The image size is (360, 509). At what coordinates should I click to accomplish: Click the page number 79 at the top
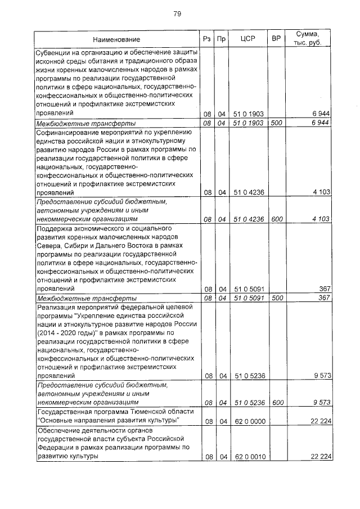tap(177, 13)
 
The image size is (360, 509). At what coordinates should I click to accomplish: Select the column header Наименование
tap(117, 39)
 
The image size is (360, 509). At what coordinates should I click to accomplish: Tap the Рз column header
tap(207, 39)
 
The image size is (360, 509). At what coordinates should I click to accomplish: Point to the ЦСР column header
tap(248, 39)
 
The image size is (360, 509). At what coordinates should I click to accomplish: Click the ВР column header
tap(276, 39)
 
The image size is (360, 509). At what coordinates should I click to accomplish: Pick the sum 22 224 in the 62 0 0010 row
tap(319, 457)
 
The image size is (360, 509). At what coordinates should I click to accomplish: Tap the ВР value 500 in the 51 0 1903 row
tap(276, 123)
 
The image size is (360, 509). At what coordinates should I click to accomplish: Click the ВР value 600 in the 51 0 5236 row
tap(276, 403)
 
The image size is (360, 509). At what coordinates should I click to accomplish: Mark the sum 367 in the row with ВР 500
tap(323, 298)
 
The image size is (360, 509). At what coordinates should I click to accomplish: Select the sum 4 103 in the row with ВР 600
tap(321, 219)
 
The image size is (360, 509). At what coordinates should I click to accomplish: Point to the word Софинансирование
tap(69, 132)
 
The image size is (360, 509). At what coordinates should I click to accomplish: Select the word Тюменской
tap(150, 412)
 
